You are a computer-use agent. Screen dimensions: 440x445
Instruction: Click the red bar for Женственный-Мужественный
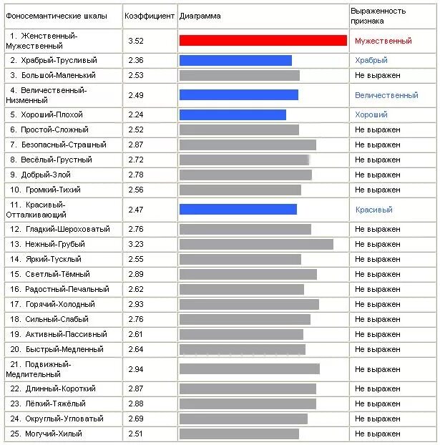click(x=263, y=40)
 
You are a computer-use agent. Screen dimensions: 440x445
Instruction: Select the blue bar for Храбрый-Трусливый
click(x=235, y=60)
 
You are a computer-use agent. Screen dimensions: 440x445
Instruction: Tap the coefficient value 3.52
click(x=136, y=41)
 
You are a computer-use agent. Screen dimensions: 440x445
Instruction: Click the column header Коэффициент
click(x=150, y=16)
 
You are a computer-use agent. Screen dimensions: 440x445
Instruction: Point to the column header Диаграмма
click(x=200, y=16)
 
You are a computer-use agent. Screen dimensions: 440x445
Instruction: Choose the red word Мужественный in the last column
click(x=383, y=41)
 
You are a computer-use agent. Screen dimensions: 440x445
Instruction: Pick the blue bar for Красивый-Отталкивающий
click(x=238, y=210)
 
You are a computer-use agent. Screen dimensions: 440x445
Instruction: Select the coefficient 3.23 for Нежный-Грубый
click(x=136, y=244)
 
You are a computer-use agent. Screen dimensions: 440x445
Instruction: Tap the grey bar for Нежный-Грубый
click(x=256, y=245)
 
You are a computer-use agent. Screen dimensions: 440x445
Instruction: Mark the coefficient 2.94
click(x=136, y=369)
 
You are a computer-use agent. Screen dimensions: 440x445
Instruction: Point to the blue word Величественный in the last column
click(x=386, y=95)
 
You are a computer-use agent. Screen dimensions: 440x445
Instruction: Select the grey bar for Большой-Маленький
click(x=240, y=76)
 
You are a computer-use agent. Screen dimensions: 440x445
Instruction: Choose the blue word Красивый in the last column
click(x=374, y=210)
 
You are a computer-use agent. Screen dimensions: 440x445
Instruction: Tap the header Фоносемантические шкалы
click(x=57, y=16)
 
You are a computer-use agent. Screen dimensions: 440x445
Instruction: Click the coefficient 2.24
click(x=136, y=114)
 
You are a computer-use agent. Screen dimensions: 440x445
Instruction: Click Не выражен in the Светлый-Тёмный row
click(x=378, y=274)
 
